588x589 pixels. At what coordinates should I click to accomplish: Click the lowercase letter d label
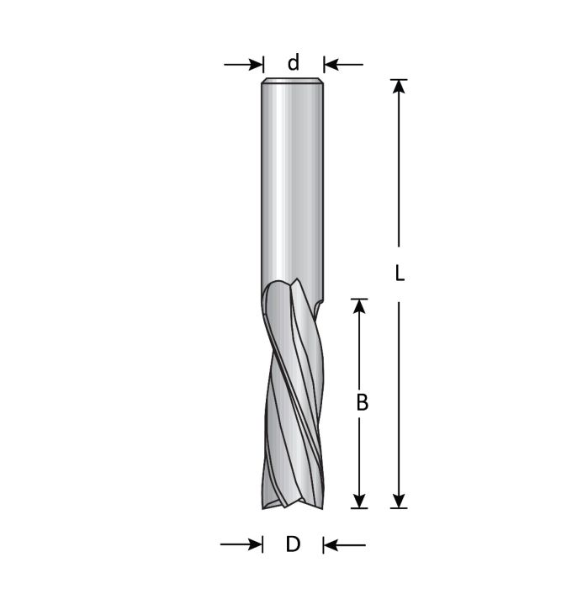294,63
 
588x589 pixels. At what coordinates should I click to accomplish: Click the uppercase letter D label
293,544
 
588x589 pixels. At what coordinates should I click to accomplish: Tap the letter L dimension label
400,273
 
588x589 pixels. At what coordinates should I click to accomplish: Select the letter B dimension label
362,403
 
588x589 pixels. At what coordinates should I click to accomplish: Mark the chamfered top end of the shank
293,82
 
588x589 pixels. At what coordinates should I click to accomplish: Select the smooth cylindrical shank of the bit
293,185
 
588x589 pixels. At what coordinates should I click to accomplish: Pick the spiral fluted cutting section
291,395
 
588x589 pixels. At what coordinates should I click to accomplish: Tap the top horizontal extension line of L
400,80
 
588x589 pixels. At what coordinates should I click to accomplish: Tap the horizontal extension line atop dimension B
360,299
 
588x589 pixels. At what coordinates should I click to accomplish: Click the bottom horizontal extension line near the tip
379,507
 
